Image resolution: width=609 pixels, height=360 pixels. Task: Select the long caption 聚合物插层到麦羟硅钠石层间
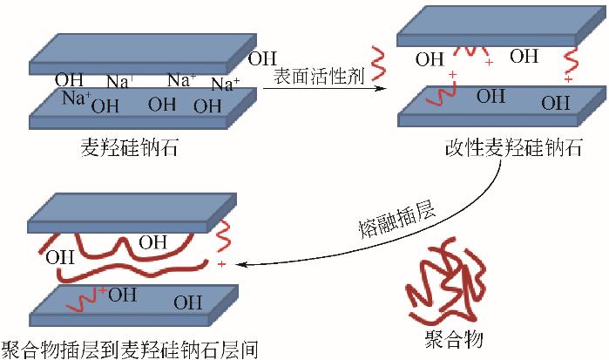131,349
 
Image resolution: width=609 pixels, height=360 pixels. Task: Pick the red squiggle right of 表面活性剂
377,63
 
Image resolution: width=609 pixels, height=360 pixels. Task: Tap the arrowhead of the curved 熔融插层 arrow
241,263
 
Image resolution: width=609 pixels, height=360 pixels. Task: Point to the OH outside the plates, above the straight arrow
262,59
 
